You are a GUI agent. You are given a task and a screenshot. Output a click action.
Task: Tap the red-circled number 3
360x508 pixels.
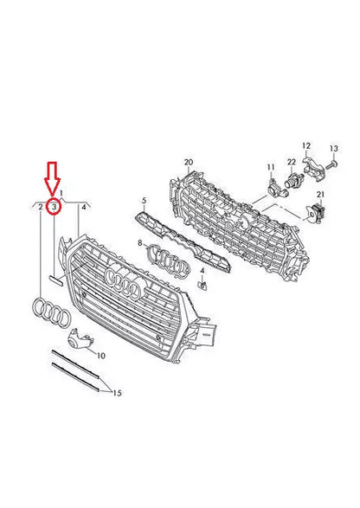click(x=54, y=207)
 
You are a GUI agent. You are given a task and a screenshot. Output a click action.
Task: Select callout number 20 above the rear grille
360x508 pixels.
click(x=189, y=162)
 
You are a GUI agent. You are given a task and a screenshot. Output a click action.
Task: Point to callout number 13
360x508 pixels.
click(x=333, y=151)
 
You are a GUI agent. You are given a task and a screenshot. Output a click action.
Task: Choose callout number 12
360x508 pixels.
click(x=305, y=145)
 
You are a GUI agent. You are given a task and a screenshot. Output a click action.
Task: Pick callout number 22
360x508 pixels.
click(x=292, y=163)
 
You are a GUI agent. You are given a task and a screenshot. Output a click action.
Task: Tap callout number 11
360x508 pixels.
click(x=269, y=165)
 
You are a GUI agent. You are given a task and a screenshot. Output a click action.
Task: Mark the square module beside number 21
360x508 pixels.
click(x=315, y=212)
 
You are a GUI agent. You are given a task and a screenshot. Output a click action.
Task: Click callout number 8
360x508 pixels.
click(x=138, y=245)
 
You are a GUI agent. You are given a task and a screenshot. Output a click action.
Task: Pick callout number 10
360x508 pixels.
click(x=101, y=355)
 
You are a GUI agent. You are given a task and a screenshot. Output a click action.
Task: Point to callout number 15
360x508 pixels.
click(x=117, y=393)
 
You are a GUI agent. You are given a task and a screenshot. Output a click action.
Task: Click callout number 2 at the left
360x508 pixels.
click(x=41, y=208)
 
